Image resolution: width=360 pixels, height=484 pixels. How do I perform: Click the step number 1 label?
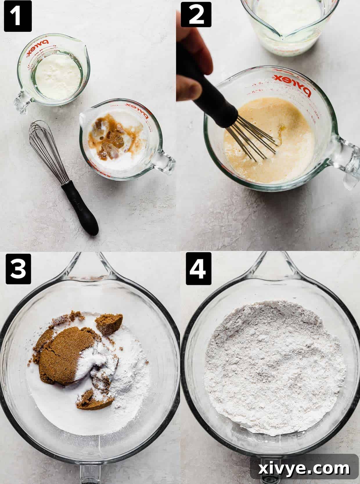click(x=18, y=16)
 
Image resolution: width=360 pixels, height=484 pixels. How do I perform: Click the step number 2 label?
click(x=196, y=15)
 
